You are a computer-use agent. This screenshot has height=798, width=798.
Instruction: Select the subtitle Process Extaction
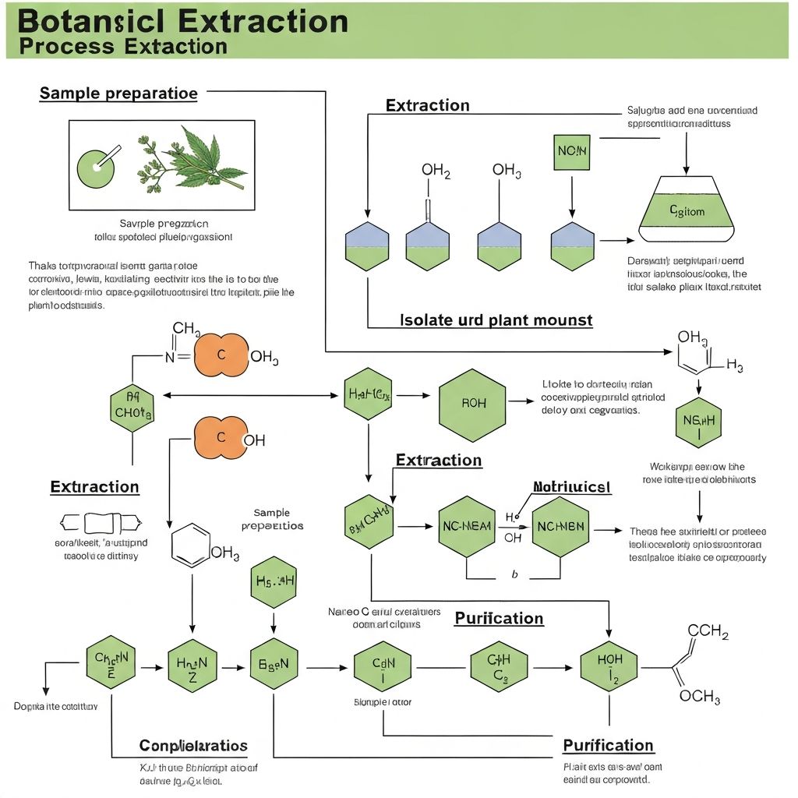(122, 45)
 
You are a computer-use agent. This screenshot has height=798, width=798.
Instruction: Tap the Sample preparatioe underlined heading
(118, 94)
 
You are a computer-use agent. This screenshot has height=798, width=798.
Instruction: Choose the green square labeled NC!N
(573, 151)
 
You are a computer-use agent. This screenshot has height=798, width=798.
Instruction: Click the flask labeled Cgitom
(686, 210)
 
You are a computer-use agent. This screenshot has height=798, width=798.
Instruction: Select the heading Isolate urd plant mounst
(496, 320)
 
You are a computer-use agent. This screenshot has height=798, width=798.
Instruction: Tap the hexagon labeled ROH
(472, 403)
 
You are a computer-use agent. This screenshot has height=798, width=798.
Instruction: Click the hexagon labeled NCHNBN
(560, 526)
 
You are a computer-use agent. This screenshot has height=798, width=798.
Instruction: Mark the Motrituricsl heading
(571, 487)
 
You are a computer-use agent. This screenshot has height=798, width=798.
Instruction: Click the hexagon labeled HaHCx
(367, 394)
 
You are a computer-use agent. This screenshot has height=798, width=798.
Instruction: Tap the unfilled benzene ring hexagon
(191, 543)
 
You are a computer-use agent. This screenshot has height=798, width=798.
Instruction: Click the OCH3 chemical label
(699, 696)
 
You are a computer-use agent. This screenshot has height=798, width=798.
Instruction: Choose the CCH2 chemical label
(708, 632)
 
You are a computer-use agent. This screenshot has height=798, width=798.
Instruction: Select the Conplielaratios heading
(193, 746)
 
